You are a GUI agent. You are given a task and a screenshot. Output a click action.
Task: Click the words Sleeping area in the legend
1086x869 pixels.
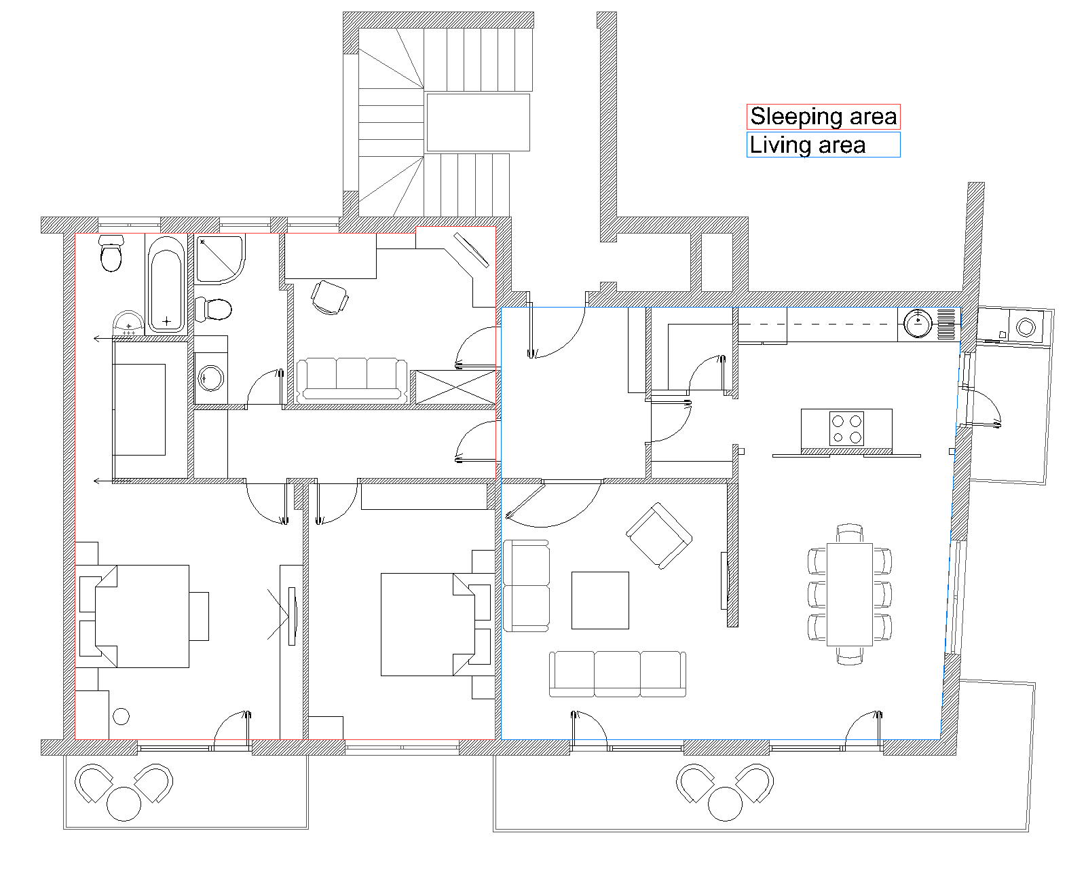[x=823, y=116]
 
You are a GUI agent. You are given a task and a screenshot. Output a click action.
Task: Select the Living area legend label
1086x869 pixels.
[x=808, y=145]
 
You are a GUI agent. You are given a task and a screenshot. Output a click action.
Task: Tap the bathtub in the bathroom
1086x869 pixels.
[x=166, y=284]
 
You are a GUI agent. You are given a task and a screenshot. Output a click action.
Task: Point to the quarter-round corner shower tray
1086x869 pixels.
[x=220, y=259]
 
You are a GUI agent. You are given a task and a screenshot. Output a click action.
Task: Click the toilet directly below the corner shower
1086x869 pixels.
[x=213, y=309]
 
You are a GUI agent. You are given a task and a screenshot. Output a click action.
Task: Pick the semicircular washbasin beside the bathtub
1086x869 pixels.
[x=128, y=323]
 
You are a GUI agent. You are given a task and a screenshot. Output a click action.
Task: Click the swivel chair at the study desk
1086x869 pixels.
[x=330, y=297]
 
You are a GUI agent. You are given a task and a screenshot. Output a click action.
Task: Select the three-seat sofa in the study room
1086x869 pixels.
[x=352, y=380]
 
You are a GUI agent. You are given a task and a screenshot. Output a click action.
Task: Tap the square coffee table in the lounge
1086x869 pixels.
[x=600, y=600]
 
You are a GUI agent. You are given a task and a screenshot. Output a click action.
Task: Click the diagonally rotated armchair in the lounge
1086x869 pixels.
[x=659, y=536]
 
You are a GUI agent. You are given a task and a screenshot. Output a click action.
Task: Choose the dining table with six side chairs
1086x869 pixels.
[x=850, y=594]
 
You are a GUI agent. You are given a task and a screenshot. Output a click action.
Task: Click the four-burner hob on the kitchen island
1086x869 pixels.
[x=847, y=429]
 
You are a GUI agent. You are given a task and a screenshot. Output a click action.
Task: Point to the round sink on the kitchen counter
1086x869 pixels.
[x=918, y=323]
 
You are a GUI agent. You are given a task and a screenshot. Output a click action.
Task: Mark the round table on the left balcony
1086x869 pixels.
[x=124, y=803]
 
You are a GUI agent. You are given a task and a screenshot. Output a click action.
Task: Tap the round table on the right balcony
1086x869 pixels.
[x=725, y=804]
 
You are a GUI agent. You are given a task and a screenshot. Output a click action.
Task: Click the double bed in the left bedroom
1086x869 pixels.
[x=142, y=616]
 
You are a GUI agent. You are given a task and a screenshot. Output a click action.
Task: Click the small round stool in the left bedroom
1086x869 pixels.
[x=121, y=716]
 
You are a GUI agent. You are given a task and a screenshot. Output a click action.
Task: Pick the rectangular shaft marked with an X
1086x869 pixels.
[x=455, y=387]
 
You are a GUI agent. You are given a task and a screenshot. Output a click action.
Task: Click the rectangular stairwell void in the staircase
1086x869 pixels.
[x=479, y=122]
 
